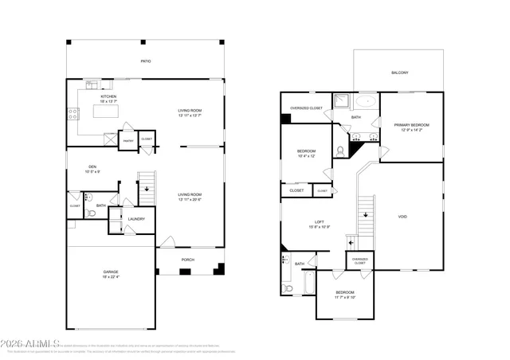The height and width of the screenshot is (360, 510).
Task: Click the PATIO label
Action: [146, 61]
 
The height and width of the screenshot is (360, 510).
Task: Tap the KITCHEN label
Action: [108, 96]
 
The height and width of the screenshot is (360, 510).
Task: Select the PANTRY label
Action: [127, 140]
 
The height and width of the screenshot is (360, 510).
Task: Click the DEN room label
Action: [93, 166]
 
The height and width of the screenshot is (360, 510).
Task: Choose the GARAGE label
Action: [110, 272]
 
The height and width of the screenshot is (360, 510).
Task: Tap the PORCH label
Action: [188, 260]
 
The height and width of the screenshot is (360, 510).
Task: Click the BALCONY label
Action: [399, 73]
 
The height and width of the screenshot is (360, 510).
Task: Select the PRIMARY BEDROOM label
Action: [411, 125]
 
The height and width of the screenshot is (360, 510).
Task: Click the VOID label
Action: [402, 216]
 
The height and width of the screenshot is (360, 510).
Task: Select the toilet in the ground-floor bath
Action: [90, 197]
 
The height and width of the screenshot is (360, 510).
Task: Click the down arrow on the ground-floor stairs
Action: [146, 189]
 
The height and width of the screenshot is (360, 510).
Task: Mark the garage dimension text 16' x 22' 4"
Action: [110, 277]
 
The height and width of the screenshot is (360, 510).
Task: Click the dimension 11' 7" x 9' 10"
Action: [345, 298]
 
